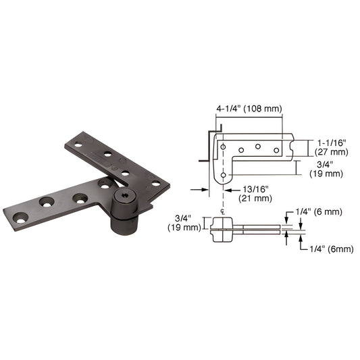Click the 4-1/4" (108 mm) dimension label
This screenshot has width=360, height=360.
coord(249,108)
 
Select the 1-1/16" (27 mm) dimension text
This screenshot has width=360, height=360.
coord(332,147)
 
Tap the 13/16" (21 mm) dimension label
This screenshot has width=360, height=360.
coord(253,194)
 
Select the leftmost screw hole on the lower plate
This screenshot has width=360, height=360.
coord(20,217)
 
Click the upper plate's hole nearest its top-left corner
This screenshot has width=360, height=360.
coord(78,145)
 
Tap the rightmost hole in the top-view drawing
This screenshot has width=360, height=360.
coord(275,149)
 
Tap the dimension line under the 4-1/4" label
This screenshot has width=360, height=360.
coord(249,117)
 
